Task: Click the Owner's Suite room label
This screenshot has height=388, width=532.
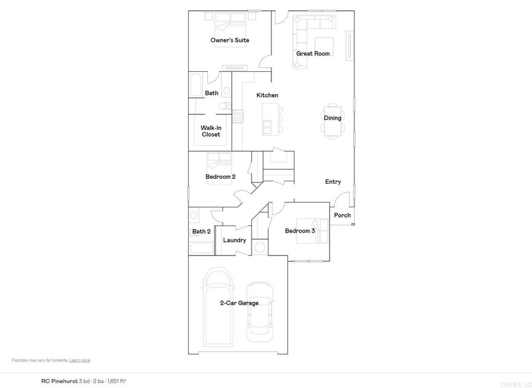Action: (230, 40)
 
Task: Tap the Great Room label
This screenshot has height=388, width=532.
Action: (313, 54)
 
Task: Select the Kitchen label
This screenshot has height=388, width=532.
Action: (267, 95)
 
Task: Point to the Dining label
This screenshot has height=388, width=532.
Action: (332, 118)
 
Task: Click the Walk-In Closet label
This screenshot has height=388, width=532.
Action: (211, 131)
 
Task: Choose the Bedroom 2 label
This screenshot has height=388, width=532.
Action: (220, 177)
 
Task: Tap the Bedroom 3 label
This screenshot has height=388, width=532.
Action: (300, 231)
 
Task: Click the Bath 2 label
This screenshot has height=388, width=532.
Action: (201, 231)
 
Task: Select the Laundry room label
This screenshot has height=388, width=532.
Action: (235, 241)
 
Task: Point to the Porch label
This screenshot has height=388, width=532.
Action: (342, 216)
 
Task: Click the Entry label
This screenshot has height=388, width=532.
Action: (333, 182)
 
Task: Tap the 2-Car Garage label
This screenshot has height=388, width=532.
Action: (239, 303)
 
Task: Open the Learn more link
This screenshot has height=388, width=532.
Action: (80, 360)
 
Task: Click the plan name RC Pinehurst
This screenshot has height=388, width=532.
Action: (59, 381)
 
